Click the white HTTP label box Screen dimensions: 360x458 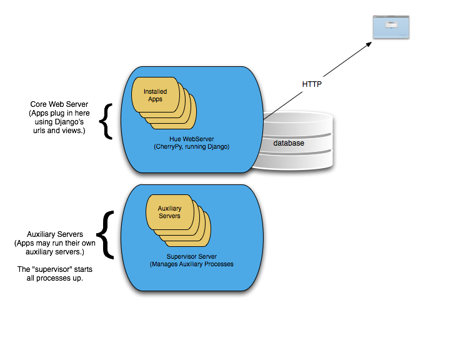tap(312, 84)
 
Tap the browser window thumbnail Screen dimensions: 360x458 tap(391, 27)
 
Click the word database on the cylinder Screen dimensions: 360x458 tap(289, 144)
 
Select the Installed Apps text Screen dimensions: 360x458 tap(155, 96)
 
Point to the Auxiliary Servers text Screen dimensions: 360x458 tap(169, 212)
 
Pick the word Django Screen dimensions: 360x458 tap(219, 147)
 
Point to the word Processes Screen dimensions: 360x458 tap(219, 264)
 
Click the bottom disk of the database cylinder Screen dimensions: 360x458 tap(294, 159)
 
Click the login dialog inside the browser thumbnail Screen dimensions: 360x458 tap(391, 25)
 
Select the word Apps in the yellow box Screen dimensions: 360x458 tap(155, 99)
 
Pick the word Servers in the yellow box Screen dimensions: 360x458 tap(169, 216)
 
